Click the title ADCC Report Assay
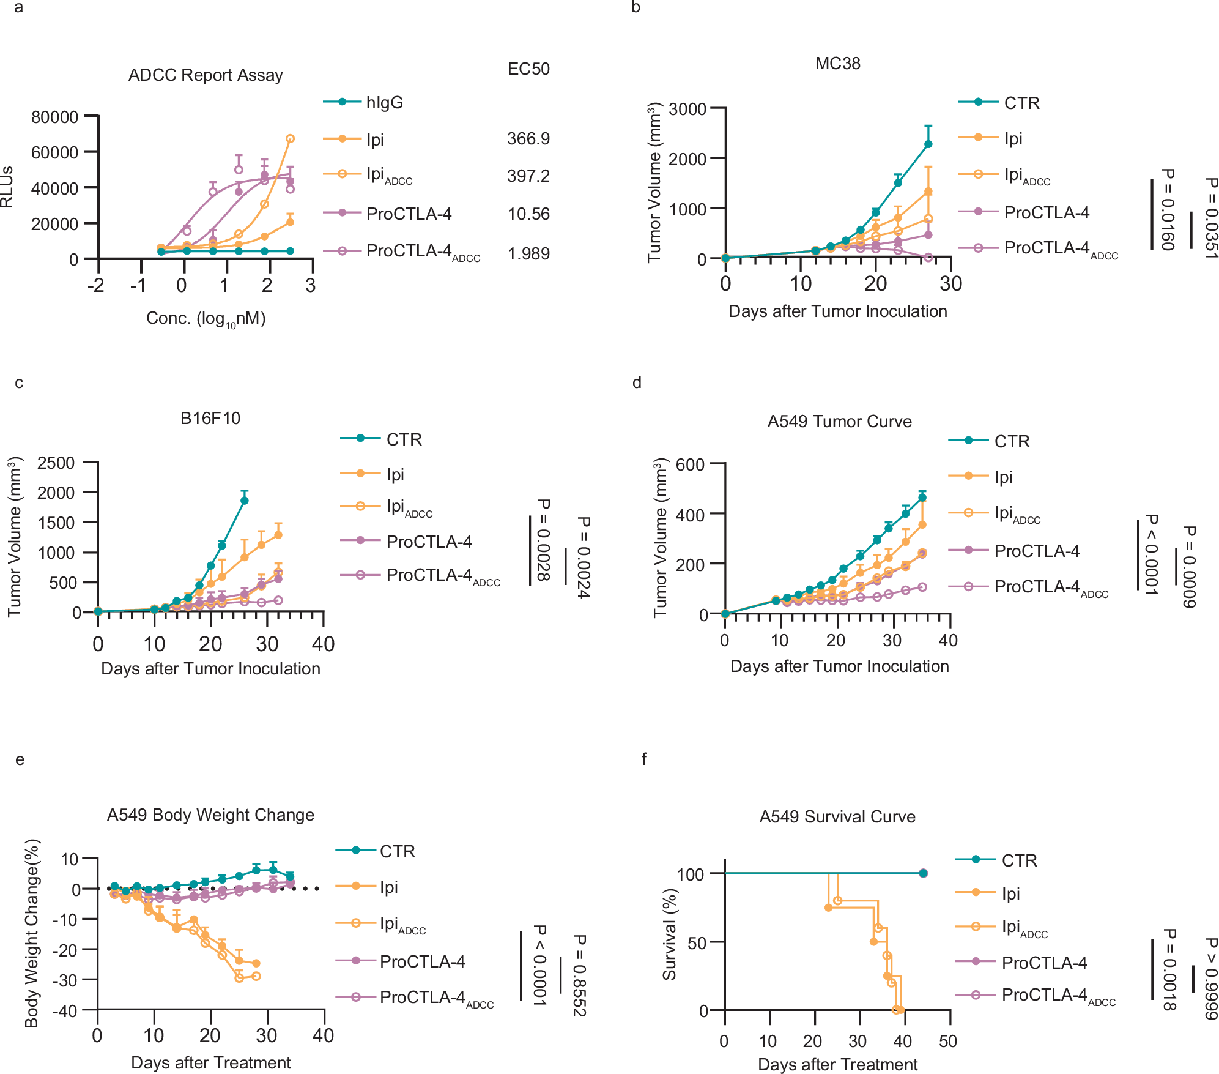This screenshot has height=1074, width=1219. coord(206,75)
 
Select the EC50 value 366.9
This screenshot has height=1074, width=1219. coord(528,139)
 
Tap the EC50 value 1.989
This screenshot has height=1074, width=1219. coord(528,253)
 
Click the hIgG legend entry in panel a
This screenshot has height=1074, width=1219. coord(384,102)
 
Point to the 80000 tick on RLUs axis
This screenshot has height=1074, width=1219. coord(54,117)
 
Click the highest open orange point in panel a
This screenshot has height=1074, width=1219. coord(291,139)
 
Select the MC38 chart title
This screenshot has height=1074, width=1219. coord(837,64)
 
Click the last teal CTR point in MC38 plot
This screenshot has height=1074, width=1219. coord(928,144)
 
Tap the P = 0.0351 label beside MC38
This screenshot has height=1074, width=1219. coord(1210,217)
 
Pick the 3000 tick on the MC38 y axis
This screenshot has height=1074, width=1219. coord(687,110)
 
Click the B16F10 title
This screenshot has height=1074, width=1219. coord(210,419)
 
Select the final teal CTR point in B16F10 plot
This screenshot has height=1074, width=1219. coord(245,501)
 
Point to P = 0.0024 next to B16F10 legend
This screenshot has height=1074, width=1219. coord(583,557)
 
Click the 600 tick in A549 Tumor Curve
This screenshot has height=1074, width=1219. coord(690,465)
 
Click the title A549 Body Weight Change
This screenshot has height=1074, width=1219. coord(210,815)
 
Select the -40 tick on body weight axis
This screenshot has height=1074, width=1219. coord(65,1011)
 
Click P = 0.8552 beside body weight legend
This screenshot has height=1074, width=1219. coord(579,975)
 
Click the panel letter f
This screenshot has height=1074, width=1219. coord(643,759)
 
